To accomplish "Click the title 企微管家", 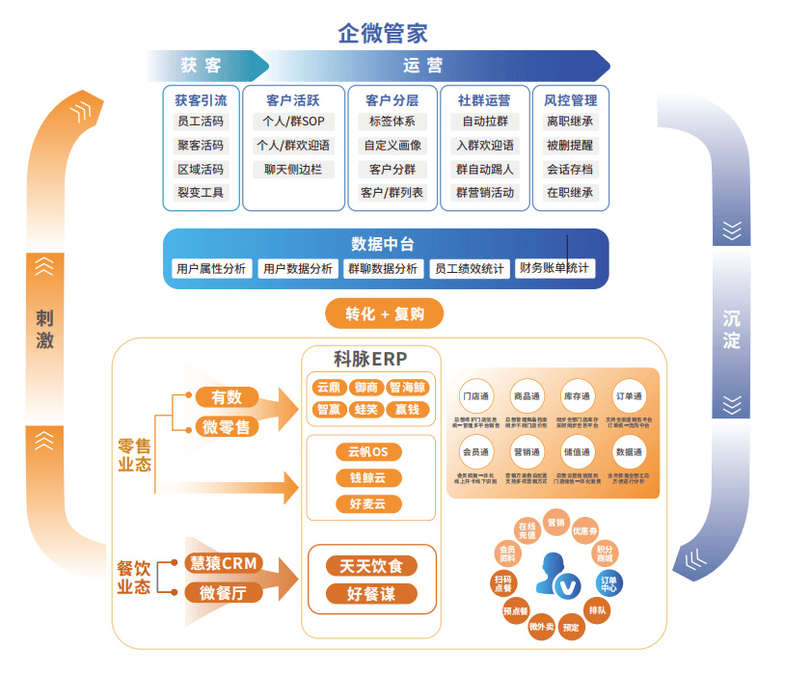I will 383,32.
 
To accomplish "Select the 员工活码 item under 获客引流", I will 201,122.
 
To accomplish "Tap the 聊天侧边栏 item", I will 293,169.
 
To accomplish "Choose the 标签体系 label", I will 392,122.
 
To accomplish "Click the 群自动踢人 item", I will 485,169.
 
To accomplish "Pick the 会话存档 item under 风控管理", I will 570,169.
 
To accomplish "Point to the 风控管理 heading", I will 570,99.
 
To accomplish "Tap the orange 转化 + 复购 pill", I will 384,313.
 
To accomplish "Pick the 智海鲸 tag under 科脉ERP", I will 406,388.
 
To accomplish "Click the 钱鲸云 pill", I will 367,478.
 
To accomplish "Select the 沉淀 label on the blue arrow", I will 732,330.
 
